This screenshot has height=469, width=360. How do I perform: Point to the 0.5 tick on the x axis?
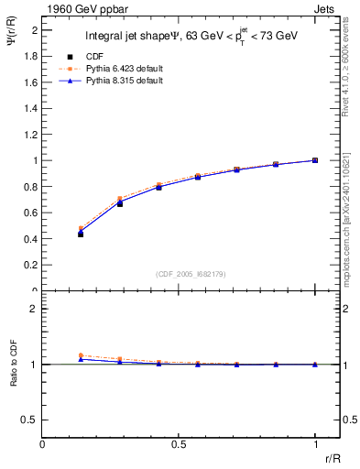tap(179, 444)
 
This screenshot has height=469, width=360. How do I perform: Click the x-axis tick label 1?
tap(315, 444)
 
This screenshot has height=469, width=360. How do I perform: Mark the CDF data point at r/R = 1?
tap(315, 160)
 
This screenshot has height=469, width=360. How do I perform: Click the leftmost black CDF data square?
tap(81, 234)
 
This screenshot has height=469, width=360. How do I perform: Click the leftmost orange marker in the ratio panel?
tap(81, 355)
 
